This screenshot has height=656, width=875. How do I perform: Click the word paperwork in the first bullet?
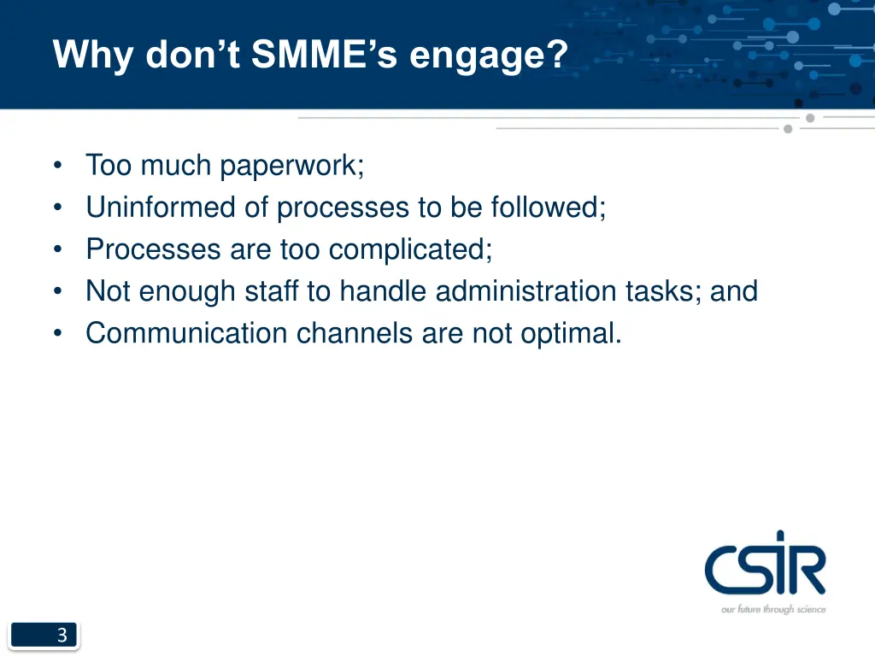(x=291, y=166)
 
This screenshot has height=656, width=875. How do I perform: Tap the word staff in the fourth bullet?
(x=273, y=291)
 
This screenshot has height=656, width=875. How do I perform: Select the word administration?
(x=526, y=291)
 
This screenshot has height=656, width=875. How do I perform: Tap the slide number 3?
(x=62, y=635)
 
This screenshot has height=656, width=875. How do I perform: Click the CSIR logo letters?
(x=765, y=566)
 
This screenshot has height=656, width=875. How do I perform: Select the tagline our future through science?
(x=773, y=609)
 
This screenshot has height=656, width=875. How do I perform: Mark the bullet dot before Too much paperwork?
(x=57, y=166)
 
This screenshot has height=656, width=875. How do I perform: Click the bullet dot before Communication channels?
(x=57, y=334)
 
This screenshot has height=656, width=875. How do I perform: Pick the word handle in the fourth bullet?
(x=383, y=291)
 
